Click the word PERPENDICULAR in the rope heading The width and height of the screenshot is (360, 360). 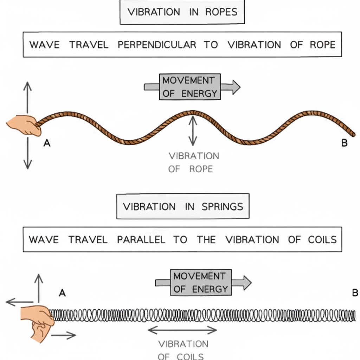click(157, 45)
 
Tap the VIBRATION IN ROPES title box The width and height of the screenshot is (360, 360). click(182, 12)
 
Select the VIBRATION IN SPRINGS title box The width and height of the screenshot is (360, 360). click(182, 206)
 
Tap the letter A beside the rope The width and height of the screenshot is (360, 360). click(47, 143)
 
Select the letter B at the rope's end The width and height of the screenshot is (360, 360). click(344, 143)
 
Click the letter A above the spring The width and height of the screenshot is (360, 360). click(62, 292)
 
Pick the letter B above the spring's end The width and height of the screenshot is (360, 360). click(355, 292)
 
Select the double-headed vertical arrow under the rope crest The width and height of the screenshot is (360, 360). click(192, 131)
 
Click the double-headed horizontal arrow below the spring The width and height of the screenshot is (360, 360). click(182, 330)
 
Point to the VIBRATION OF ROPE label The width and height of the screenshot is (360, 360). click(193, 162)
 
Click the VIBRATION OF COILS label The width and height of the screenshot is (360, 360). click(183, 349)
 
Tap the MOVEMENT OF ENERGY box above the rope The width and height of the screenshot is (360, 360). click(190, 87)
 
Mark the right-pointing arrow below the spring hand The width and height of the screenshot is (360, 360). click(63, 335)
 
